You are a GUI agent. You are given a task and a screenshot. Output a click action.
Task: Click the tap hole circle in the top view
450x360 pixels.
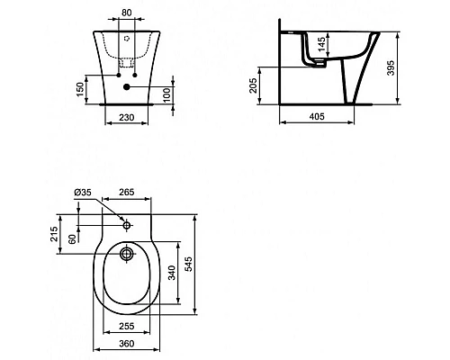pos(126,224)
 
